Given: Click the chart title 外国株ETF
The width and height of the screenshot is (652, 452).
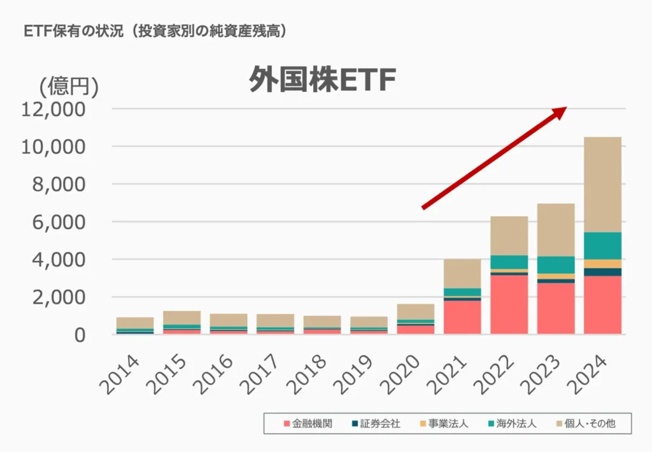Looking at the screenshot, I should coord(322,80).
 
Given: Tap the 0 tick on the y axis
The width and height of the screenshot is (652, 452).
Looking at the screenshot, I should coord(79,335).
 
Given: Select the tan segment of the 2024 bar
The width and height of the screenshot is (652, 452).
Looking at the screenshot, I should coord(602,184).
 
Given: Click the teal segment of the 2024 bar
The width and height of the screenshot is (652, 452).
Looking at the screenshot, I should coord(602,246).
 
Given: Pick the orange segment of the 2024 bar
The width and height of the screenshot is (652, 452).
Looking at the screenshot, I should coord(602,264).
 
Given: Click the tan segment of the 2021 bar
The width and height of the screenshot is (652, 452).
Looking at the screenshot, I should coord(462,273).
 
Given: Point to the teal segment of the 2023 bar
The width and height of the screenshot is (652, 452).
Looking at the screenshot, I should coord(556,265).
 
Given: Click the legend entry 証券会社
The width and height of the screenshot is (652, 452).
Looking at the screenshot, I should coord(376,423).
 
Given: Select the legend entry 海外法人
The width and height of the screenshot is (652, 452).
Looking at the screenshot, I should coord(513,423).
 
